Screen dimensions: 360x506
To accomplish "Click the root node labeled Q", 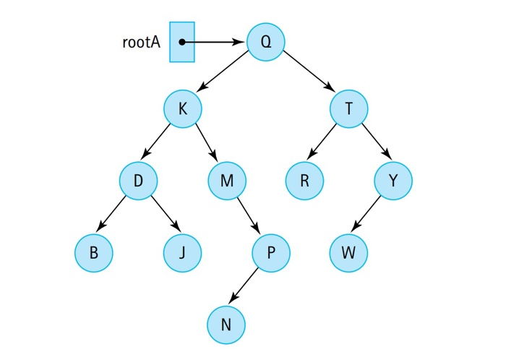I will point(266,41).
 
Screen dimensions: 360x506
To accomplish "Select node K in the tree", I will point(182,110).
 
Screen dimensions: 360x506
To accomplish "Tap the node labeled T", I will point(349,110).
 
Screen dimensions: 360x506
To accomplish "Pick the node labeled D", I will point(138,180).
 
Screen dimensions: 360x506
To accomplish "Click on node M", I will point(227,180).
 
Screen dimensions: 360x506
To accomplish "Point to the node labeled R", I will point(304,180).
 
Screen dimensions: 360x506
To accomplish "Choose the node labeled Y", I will point(393,180).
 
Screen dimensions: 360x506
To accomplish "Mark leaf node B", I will point(94,253).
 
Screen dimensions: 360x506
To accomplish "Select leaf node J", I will point(182,253).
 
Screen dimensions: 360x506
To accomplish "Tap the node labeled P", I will point(271,253).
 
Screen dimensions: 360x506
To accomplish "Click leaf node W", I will point(349,253).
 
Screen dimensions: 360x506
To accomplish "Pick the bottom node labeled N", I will point(226,325).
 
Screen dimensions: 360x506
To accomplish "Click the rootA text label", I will point(142,41).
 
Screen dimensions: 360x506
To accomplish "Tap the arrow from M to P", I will point(249,216).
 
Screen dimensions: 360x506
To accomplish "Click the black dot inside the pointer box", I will point(182,42).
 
